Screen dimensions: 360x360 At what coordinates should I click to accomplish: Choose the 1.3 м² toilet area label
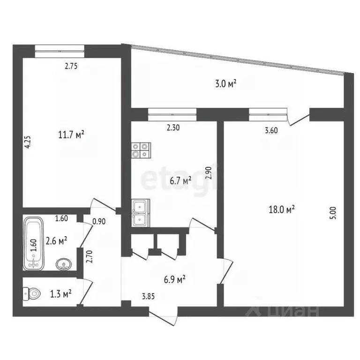click(60, 294)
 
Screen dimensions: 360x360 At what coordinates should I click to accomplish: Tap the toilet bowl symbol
click(31, 294)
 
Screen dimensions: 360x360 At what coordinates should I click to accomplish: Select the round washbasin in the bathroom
click(63, 264)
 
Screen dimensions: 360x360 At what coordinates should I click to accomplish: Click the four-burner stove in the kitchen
click(140, 150)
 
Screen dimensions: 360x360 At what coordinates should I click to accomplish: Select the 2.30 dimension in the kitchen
click(173, 127)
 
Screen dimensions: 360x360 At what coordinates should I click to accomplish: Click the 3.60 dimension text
click(271, 131)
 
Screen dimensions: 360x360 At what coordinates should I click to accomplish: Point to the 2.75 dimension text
click(71, 66)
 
